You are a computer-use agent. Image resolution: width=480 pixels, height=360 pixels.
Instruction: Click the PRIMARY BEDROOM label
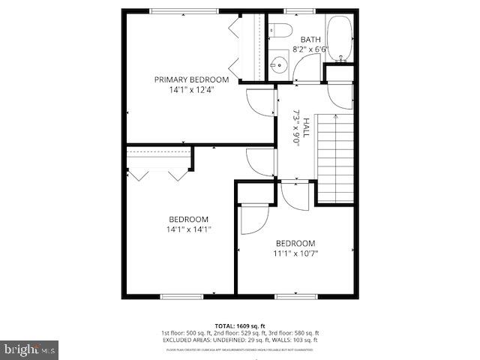click(x=191, y=79)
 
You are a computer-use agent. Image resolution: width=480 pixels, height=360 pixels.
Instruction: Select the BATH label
click(x=310, y=39)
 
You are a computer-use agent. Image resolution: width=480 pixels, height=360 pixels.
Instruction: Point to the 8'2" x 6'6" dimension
click(x=310, y=49)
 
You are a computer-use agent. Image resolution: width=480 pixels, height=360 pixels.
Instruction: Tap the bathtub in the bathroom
click(x=341, y=39)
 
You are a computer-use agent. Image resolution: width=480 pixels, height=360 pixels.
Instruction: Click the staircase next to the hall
click(x=334, y=157)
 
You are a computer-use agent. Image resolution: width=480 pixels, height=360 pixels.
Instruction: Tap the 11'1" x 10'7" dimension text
click(x=295, y=253)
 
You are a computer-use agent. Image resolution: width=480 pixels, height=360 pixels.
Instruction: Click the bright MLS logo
click(x=30, y=349)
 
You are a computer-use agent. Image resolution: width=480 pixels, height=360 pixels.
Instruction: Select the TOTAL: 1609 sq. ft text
click(x=240, y=325)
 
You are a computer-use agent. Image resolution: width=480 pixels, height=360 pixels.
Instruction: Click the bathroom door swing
click(x=305, y=72)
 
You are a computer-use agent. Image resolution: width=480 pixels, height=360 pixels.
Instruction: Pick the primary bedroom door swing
click(x=259, y=101)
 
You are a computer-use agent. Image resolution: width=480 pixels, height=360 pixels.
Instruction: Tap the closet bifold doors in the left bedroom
click(x=158, y=172)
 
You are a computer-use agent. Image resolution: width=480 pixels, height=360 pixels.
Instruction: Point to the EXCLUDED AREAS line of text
click(x=240, y=340)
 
